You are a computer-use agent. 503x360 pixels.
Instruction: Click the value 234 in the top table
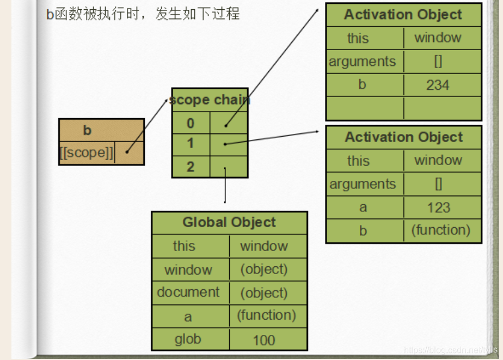tap(438, 85)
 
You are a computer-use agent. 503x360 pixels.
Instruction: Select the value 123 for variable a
tap(438, 208)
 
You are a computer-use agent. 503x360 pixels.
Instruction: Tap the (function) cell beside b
tap(440, 230)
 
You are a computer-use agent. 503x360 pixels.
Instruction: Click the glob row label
tap(188, 339)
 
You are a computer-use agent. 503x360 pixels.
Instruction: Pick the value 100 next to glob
tap(264, 340)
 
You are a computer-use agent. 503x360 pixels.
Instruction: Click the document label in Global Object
tap(188, 292)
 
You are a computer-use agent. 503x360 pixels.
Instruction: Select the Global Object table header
tap(229, 222)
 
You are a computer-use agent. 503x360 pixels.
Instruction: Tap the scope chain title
tap(210, 100)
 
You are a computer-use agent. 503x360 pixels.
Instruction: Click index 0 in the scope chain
tap(191, 123)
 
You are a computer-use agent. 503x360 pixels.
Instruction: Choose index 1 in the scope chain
tap(191, 143)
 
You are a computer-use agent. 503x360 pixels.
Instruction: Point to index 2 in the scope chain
tap(191, 166)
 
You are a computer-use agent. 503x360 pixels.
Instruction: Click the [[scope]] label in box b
tap(87, 153)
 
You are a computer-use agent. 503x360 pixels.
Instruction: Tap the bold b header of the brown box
tap(87, 130)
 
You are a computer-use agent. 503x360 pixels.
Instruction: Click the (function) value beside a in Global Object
tap(266, 315)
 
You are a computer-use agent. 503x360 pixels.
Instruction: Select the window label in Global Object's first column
tap(188, 270)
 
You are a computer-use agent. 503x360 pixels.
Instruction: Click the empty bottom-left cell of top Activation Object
tap(365, 108)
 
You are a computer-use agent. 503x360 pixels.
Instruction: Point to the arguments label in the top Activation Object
tap(363, 62)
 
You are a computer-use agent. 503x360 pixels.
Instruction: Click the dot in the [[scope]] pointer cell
tap(127, 152)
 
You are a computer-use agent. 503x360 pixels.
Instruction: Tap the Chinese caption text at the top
tap(143, 14)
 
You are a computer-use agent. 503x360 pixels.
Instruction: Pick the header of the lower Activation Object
tap(404, 137)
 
